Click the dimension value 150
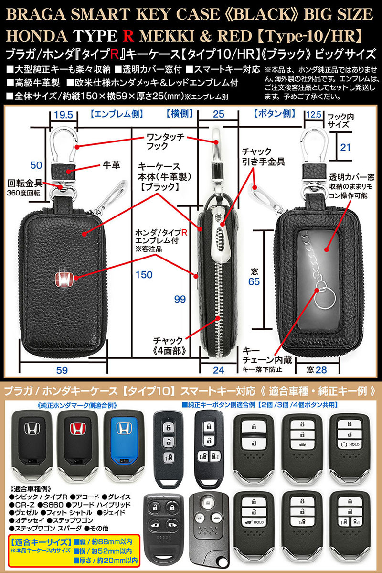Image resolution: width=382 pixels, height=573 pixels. coord(144,275)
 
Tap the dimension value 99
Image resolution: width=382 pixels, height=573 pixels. coord(180,299)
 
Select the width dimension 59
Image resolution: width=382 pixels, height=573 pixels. coord(62,370)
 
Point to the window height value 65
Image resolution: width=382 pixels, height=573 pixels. coord(254,282)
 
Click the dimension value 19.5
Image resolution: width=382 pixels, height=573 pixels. coord(64,115)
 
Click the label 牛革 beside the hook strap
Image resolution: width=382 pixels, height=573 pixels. coord(111,165)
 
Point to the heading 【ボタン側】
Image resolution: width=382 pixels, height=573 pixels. coord(274,114)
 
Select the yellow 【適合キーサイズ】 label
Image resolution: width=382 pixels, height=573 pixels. coord(41,541)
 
